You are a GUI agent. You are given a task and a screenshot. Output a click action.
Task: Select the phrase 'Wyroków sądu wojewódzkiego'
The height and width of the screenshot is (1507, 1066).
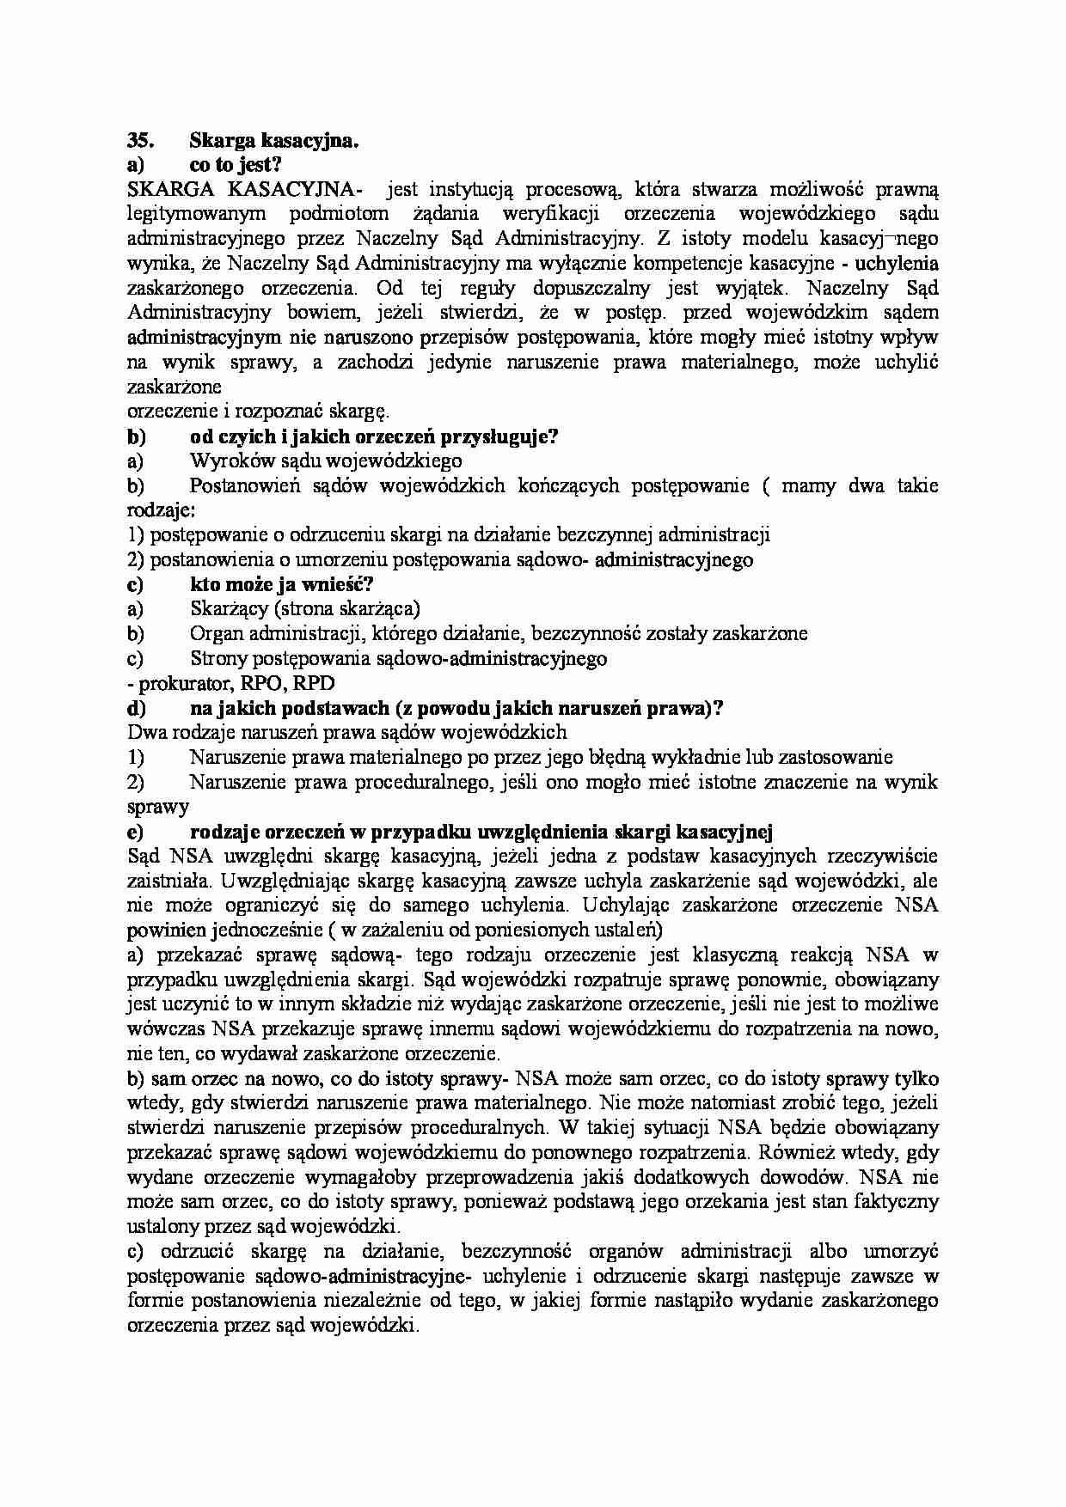(326, 461)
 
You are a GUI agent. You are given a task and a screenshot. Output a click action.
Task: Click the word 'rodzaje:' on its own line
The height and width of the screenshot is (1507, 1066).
(161, 510)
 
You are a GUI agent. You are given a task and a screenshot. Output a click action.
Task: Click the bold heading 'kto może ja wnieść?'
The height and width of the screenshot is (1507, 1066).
(280, 585)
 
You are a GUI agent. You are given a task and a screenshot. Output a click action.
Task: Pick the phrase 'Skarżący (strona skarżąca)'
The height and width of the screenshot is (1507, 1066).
(304, 609)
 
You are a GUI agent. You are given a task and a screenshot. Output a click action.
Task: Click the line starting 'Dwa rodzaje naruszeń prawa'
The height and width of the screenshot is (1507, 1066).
(346, 733)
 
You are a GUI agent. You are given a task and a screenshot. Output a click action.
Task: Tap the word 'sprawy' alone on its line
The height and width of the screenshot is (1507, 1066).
(157, 807)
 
